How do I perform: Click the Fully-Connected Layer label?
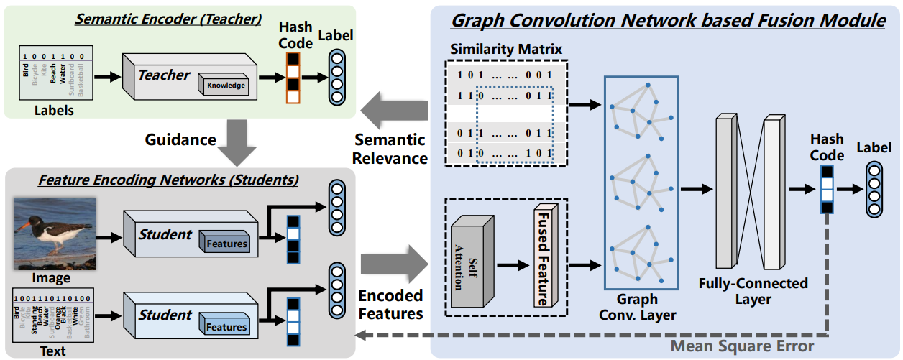coord(753,291)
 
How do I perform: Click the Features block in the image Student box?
coord(226,244)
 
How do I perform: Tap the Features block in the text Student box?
coord(226,327)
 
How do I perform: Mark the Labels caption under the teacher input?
coord(54,111)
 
